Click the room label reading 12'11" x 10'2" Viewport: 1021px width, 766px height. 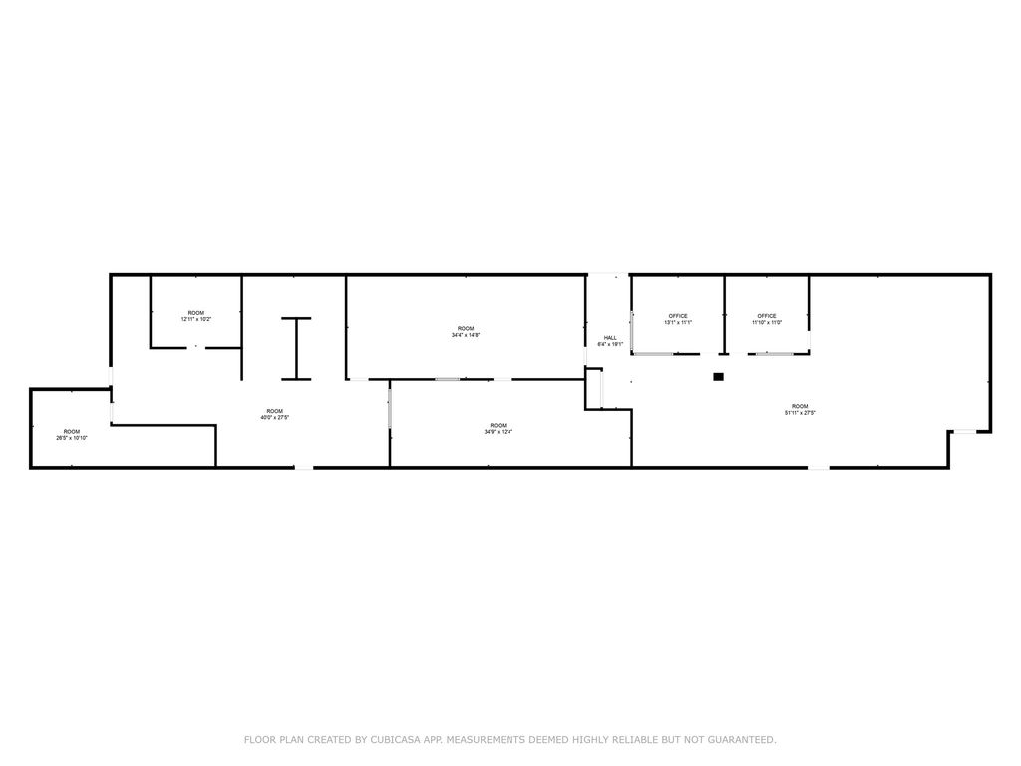pos(196,316)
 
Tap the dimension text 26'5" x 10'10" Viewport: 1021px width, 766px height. pos(72,435)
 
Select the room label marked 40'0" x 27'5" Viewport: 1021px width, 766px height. pos(274,415)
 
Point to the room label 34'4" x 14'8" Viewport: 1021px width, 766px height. pos(466,332)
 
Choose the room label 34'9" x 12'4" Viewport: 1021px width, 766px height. pos(498,429)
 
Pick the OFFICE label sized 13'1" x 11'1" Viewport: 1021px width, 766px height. pos(678,319)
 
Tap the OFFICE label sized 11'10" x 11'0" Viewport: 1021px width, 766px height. pos(766,319)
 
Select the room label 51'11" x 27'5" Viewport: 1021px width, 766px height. pos(800,410)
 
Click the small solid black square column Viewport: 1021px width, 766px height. pos(718,376)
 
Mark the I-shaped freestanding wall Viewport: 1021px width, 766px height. pos(296,348)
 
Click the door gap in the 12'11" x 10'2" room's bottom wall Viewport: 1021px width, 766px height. pos(196,347)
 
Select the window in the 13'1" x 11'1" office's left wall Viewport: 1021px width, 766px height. pos(633,329)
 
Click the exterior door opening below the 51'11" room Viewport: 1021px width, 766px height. pos(819,467)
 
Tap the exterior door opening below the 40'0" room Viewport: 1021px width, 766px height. pos(303,467)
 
